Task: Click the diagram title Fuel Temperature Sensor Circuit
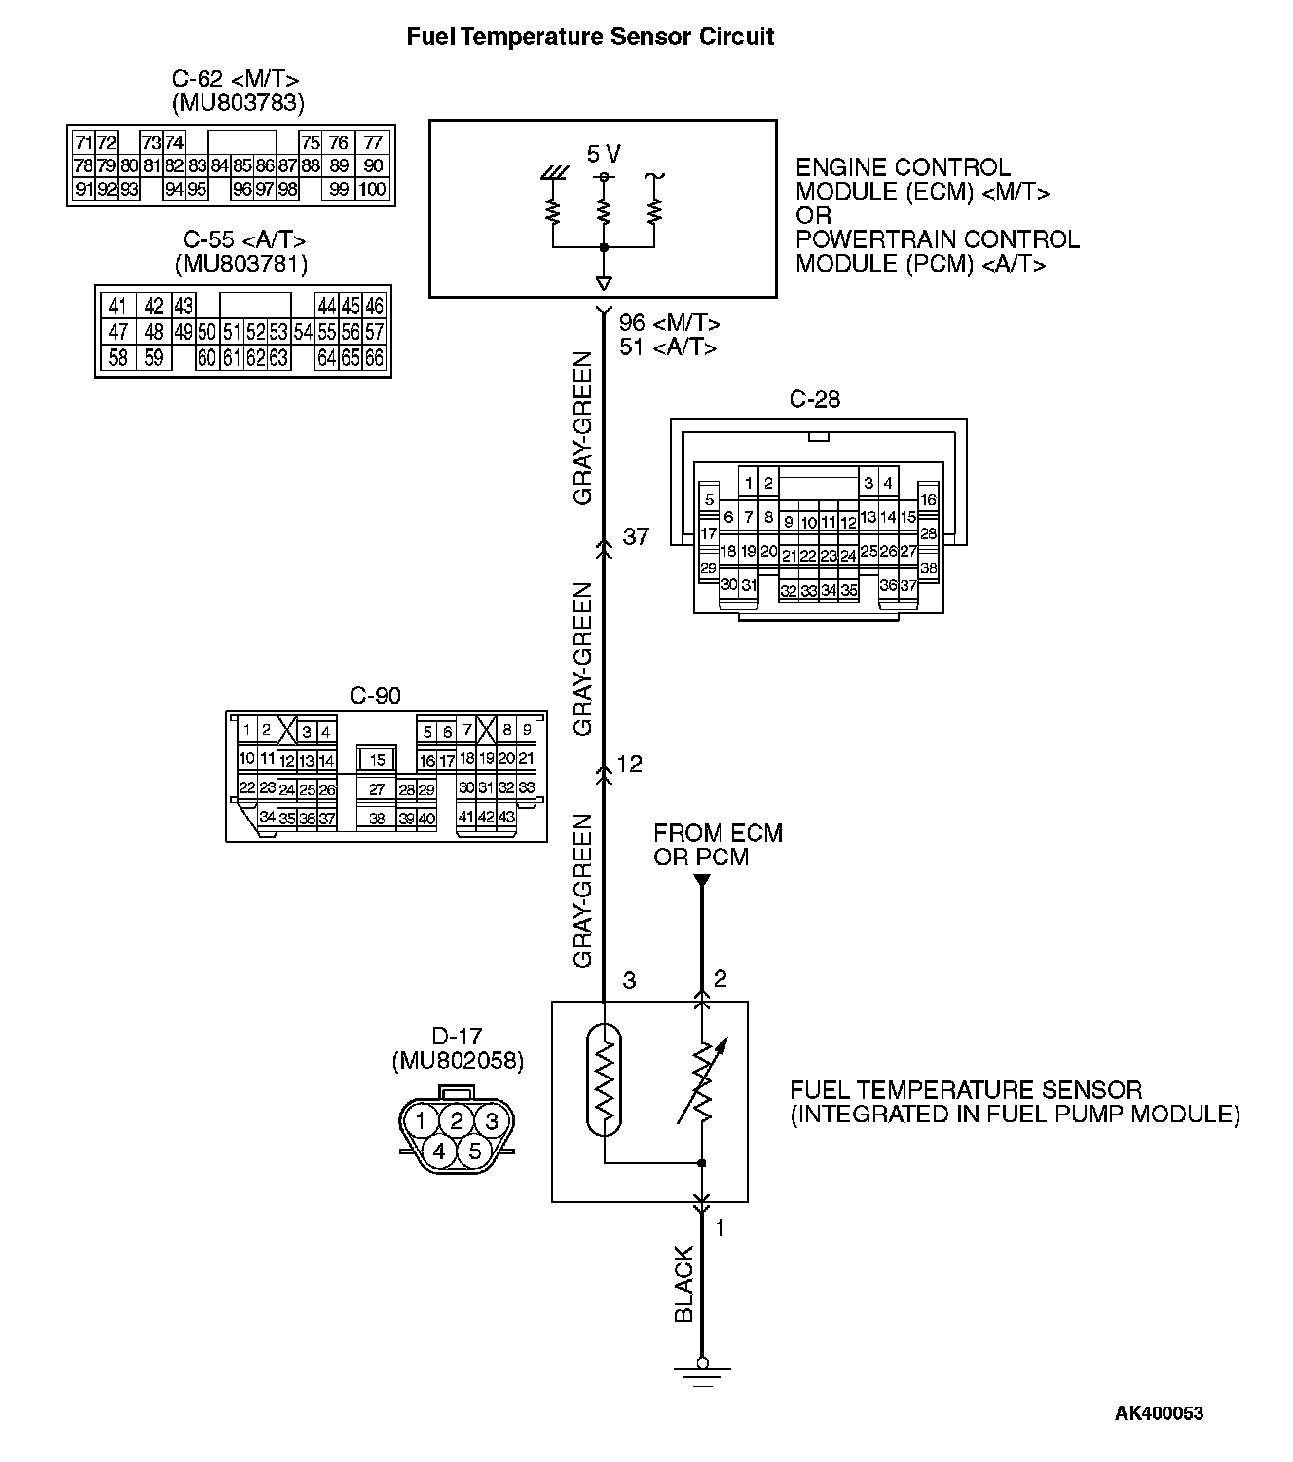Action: tap(590, 37)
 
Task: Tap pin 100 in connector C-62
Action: tap(372, 189)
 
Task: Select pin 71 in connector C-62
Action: tap(83, 143)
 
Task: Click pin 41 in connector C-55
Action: tap(118, 307)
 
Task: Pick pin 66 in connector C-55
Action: tap(375, 357)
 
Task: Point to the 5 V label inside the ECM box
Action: tap(604, 154)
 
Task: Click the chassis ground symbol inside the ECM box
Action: tap(553, 176)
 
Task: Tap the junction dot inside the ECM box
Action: tap(604, 248)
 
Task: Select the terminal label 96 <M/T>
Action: tap(670, 323)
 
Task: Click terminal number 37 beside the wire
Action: tap(636, 536)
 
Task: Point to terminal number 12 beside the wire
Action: tap(630, 764)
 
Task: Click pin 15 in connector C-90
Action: tap(378, 760)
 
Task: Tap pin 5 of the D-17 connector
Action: tap(474, 1151)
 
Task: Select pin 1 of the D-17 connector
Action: tap(421, 1120)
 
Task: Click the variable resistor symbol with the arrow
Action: tap(702, 1082)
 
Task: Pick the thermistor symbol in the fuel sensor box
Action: tap(604, 1080)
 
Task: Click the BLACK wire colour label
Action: tap(683, 1284)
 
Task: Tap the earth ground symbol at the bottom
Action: tap(702, 1372)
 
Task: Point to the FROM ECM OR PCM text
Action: tap(717, 845)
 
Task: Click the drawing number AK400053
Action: tap(1159, 1413)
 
